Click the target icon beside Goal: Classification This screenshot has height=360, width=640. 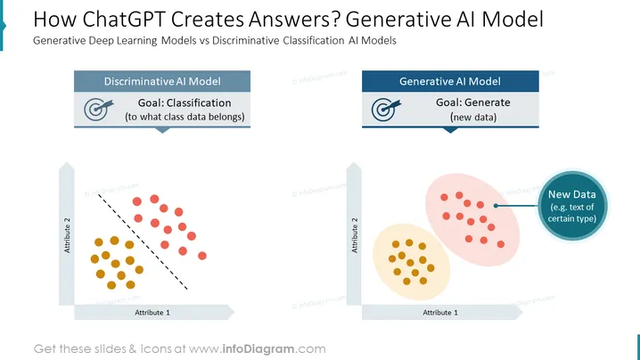coord(98,109)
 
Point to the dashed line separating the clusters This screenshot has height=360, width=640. coord(143,242)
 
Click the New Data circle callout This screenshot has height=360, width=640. coord(572,206)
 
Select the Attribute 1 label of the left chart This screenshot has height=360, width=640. coord(152,313)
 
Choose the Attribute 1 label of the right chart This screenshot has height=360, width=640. coord(440,313)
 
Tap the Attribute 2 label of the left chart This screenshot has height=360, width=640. coord(67,235)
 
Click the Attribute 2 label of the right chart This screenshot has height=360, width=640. coord(354,235)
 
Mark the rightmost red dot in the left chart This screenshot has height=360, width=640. coord(202,256)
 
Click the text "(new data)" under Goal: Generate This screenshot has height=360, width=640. coord(473,117)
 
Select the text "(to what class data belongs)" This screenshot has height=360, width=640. coord(185,117)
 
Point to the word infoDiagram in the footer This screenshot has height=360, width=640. coord(258,349)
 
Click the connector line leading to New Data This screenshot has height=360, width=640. coord(517,206)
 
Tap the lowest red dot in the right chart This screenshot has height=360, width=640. coord(501,244)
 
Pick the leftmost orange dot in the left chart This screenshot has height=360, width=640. coord(94,258)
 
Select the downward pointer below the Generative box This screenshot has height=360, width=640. coord(450,130)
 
